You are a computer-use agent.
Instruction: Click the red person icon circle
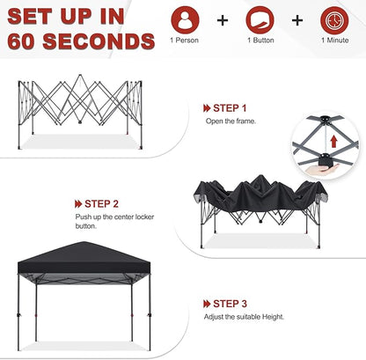pos(185,19)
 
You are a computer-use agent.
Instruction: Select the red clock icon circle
pos(335,19)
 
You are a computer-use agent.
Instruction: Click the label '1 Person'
pos(185,40)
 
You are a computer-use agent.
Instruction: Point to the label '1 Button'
pos(260,40)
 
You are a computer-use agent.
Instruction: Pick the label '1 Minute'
pos(335,40)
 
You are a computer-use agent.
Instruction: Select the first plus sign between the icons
pos(223,20)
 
